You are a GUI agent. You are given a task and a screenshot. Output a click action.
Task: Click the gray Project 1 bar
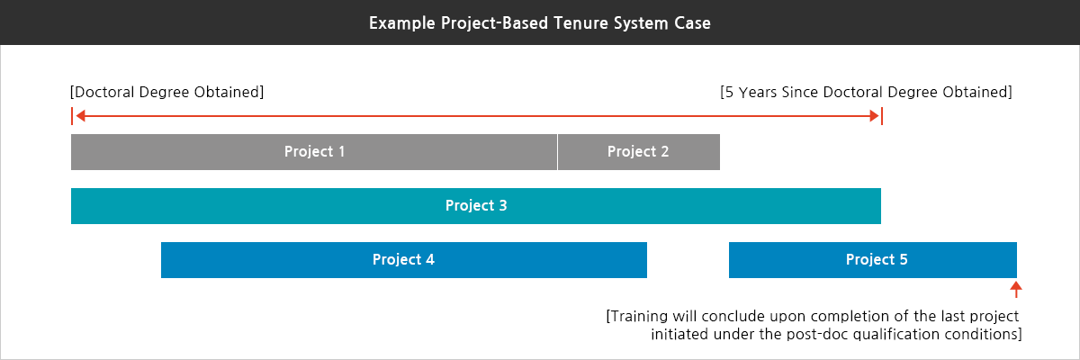pos(314,151)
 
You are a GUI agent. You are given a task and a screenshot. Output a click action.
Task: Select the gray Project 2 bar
pos(638,151)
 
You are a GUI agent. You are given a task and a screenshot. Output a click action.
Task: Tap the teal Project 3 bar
pos(476,205)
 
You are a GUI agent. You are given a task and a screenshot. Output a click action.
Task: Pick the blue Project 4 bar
pos(403,259)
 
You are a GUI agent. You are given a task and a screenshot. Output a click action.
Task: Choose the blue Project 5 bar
pos(872,259)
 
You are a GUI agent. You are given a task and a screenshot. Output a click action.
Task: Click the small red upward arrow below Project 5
pos(1016,289)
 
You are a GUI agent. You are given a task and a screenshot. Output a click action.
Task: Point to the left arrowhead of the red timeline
pos(80,116)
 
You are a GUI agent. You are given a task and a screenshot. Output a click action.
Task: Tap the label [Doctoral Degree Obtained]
pos(166,92)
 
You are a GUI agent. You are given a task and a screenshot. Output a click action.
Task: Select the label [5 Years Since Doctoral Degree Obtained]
pos(866,92)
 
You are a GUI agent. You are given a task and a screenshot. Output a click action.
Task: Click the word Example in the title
pos(399,23)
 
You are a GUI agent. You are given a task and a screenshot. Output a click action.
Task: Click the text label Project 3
pos(476,205)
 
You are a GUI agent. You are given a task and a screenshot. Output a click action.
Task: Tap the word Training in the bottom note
pos(641,317)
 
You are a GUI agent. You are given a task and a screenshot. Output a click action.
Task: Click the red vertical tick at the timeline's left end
pos(71,116)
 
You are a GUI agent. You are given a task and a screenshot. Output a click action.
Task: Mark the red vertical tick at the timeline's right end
pos(882,116)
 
